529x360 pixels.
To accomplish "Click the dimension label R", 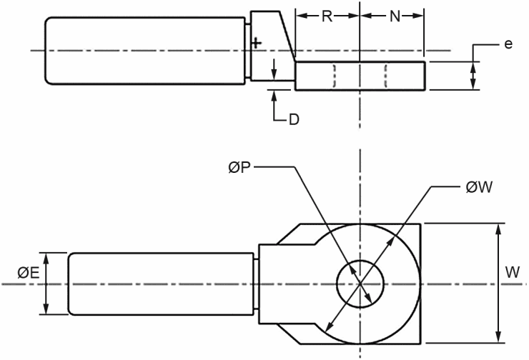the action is [x=327, y=16].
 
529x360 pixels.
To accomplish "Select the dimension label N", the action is [x=395, y=16].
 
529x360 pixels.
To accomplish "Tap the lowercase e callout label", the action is [x=508, y=44].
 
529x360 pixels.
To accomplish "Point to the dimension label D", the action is [x=294, y=119].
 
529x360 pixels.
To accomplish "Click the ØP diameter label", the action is [x=239, y=167].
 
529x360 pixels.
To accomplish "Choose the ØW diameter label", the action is [x=479, y=187].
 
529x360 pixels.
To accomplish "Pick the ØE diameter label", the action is [x=29, y=273].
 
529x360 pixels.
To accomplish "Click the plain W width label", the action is [x=513, y=272].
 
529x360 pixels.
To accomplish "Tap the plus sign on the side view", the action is [x=257, y=43].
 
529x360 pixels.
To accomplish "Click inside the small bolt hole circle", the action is [x=360, y=284].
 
